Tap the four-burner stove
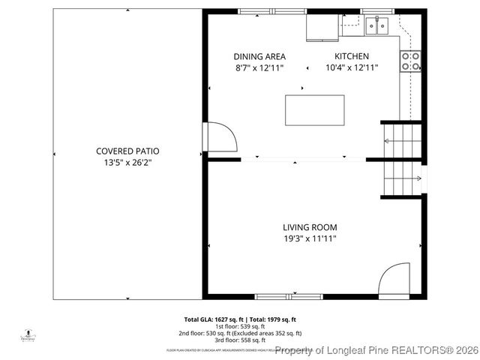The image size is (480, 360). [x=410, y=61]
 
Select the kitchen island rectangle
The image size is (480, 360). [x=314, y=110]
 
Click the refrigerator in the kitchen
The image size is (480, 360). [x=322, y=28]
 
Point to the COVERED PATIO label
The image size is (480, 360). [x=127, y=151]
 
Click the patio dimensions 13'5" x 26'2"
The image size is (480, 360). [x=127, y=162]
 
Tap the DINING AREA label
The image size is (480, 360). [x=259, y=56]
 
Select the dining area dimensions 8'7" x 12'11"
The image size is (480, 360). [x=259, y=67]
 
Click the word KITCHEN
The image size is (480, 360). [x=351, y=56]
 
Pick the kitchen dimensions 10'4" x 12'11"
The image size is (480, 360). [x=351, y=67]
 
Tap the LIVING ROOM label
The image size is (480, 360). [x=310, y=227]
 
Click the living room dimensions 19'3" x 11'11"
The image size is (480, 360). [x=310, y=238]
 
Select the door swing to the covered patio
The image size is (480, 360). [x=222, y=136]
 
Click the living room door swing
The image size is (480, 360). [x=394, y=280]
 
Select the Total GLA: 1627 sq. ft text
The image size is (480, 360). [x=211, y=319]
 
